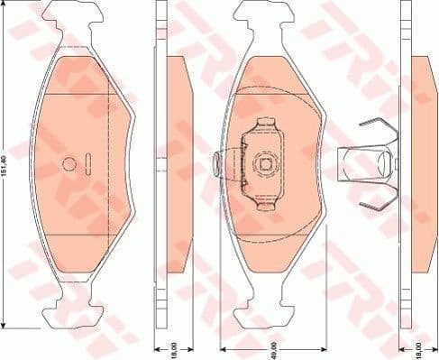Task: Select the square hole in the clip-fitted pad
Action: click(x=266, y=164)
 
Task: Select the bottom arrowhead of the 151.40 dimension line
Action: click(x=8, y=326)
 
